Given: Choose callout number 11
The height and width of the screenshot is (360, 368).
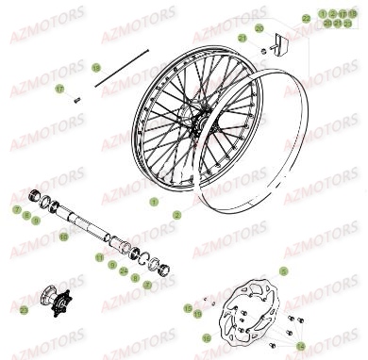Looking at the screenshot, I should click(x=100, y=256).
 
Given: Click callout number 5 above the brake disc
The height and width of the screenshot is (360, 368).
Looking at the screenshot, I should click(x=281, y=271).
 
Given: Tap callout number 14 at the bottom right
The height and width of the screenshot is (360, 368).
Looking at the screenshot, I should click(x=302, y=345).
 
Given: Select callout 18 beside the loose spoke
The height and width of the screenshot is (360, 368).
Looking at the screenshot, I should click(x=95, y=68).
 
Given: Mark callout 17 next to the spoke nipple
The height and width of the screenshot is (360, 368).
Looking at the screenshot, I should click(x=59, y=89).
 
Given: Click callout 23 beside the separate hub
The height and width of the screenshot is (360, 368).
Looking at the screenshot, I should click(x=24, y=309).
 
